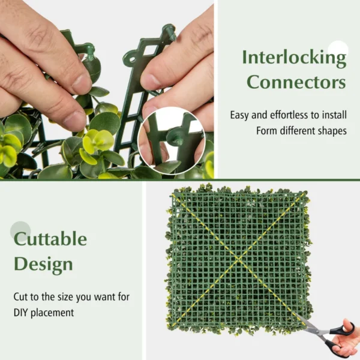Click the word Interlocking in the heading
pos(294,58)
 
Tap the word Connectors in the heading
pos(296,82)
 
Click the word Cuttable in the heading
pos(50,239)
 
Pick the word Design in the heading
pos(44,264)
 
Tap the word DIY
pos(22,313)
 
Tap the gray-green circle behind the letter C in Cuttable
pos(20,231)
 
